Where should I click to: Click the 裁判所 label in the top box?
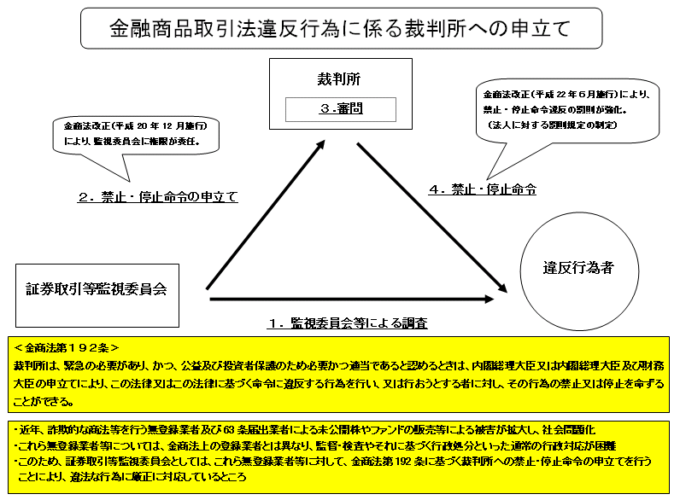click(x=339, y=79)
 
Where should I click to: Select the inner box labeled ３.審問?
click(x=340, y=109)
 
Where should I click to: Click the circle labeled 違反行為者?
click(x=578, y=268)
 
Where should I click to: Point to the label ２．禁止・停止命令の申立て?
click(x=157, y=197)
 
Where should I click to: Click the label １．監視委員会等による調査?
click(x=348, y=323)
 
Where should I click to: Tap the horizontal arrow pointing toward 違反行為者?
click(x=350, y=299)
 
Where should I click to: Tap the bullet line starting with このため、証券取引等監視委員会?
click(x=333, y=462)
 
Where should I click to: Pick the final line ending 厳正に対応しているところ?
click(x=137, y=477)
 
